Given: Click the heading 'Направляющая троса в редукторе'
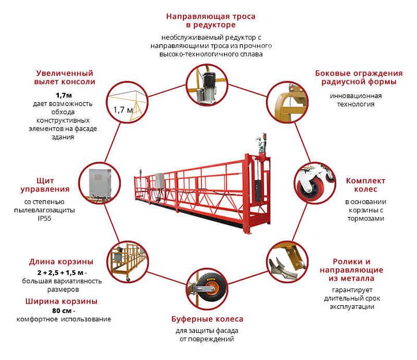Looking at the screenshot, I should click(211, 21).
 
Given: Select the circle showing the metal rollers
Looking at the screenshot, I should click(287, 262).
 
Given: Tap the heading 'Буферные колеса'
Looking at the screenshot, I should click(208, 319).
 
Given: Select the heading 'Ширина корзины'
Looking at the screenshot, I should click(61, 301).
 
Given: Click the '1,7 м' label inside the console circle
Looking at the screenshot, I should click(122, 110).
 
